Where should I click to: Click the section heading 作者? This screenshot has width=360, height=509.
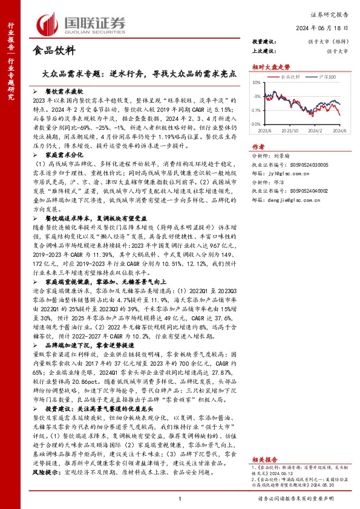coord(258,146)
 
